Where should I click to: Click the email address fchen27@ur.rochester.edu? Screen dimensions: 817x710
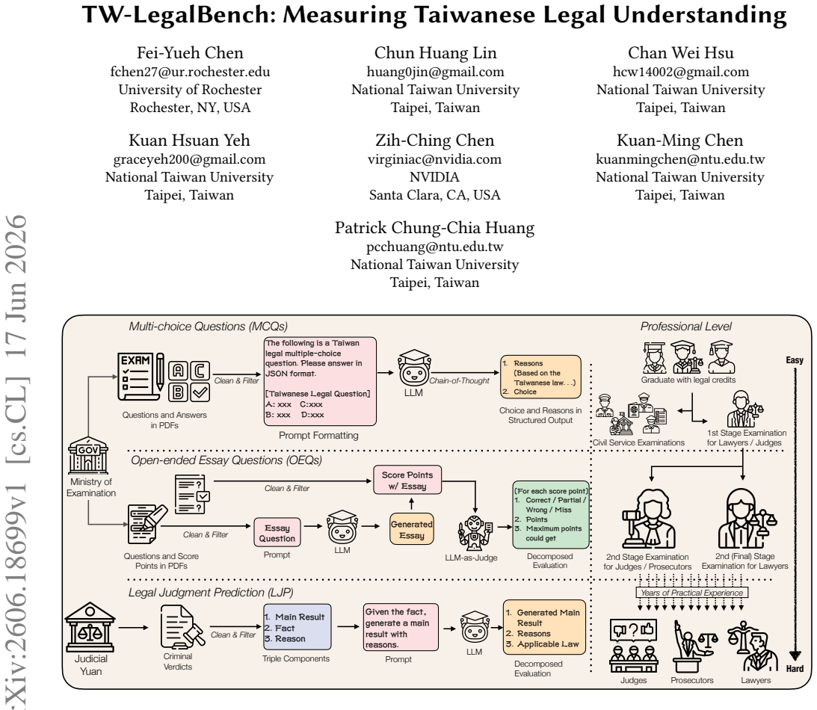[x=190, y=72]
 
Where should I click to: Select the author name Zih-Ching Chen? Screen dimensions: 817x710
[x=434, y=140]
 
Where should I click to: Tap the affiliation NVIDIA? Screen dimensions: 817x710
[x=434, y=177]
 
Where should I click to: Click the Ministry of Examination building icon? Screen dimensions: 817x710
[x=88, y=455]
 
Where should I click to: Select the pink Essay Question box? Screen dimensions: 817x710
[x=277, y=532]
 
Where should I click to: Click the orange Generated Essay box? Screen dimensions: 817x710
[x=412, y=529]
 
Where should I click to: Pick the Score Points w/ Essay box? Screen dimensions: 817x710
[x=407, y=480]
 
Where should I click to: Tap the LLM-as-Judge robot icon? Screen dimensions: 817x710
[x=474, y=533]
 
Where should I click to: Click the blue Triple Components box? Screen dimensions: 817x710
[x=297, y=626]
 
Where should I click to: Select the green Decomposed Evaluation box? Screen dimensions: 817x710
[x=551, y=515]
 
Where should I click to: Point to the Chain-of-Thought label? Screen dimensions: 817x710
[x=459, y=381]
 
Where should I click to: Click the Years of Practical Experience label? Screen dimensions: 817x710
[x=692, y=593]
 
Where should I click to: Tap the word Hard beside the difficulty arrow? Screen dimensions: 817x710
[x=795, y=669]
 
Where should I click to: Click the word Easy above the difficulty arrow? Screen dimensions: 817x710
[x=795, y=360]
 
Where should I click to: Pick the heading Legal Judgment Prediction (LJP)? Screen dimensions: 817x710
[x=211, y=593]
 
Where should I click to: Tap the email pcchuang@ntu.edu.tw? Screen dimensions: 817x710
[x=434, y=247]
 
